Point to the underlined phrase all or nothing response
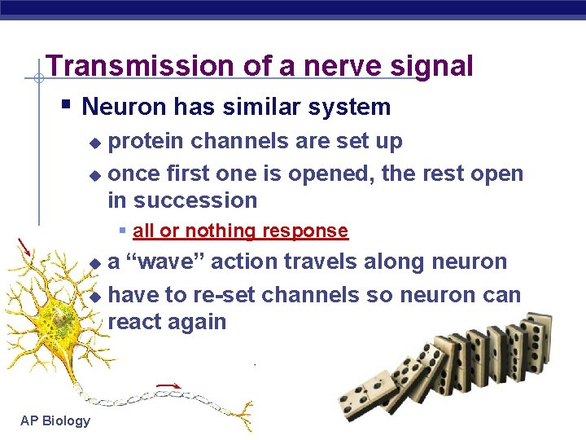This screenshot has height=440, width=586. pyautogui.click(x=240, y=231)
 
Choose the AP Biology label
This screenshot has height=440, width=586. pyautogui.click(x=55, y=420)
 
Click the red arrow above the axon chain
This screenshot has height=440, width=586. pyautogui.click(x=168, y=385)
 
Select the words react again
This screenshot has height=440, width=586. pyautogui.click(x=167, y=322)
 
